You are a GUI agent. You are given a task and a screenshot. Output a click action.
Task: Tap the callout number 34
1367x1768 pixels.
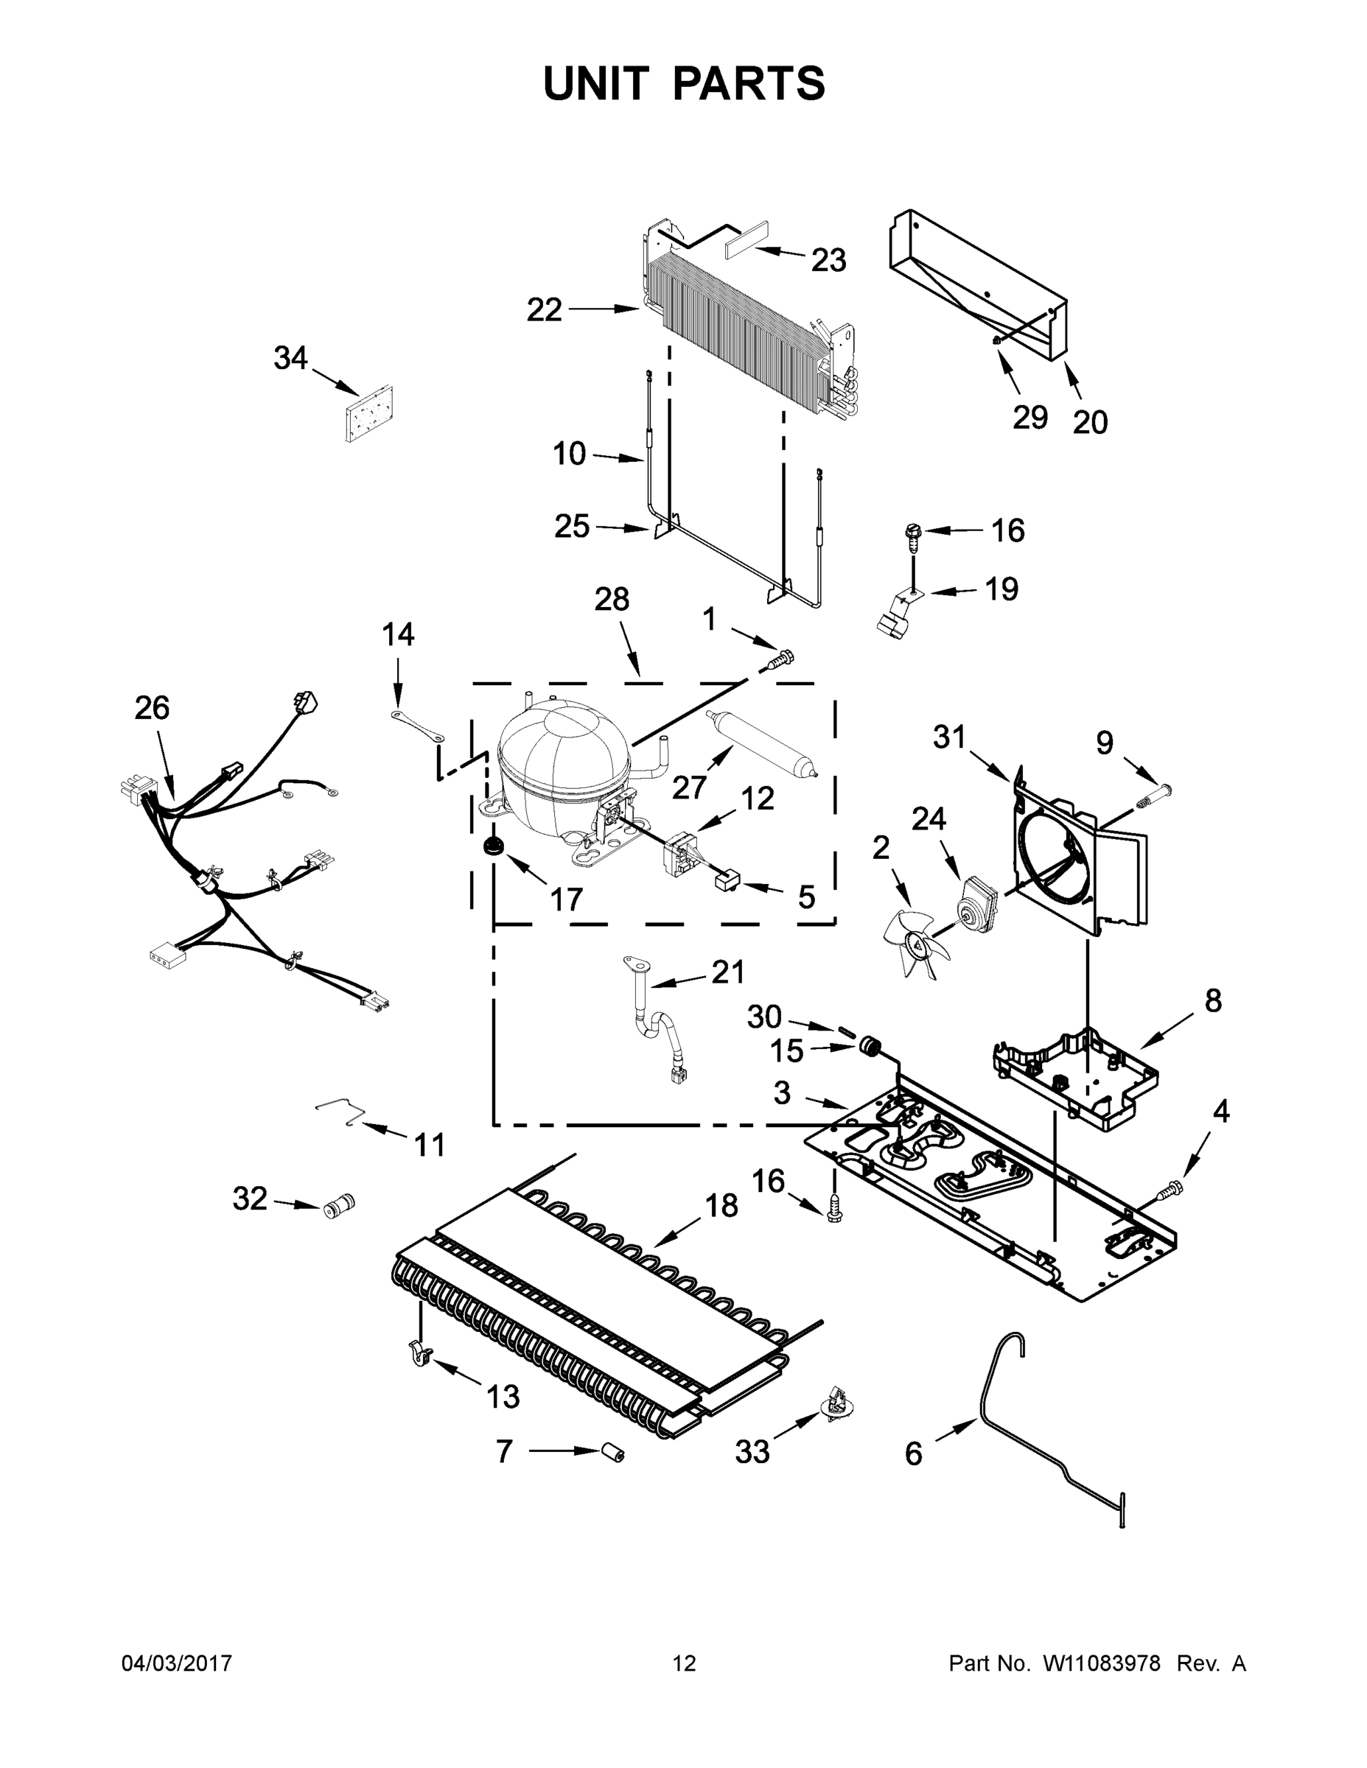(x=290, y=358)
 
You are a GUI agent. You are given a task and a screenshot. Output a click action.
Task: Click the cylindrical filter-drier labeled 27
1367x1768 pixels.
(x=760, y=743)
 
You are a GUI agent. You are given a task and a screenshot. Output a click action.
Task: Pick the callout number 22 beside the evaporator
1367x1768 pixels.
(x=543, y=309)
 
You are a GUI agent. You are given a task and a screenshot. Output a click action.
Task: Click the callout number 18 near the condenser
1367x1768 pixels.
(x=721, y=1205)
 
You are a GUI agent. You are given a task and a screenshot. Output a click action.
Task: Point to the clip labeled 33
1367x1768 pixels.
(x=836, y=1403)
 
